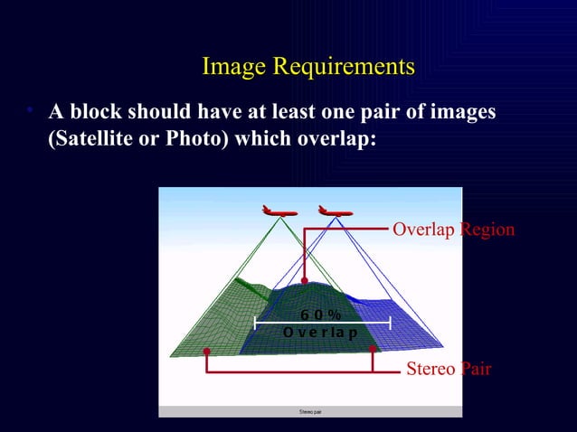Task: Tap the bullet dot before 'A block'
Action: click(29, 110)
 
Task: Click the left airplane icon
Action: click(279, 211)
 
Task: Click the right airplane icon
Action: click(335, 211)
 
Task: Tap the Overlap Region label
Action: click(453, 230)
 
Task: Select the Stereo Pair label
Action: click(448, 369)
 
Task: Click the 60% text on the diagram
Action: click(321, 315)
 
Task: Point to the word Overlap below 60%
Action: click(320, 333)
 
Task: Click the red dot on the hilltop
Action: click(305, 281)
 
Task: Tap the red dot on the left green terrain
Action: click(207, 351)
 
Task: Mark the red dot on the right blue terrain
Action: click(373, 348)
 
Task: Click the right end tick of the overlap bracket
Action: click(390, 322)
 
